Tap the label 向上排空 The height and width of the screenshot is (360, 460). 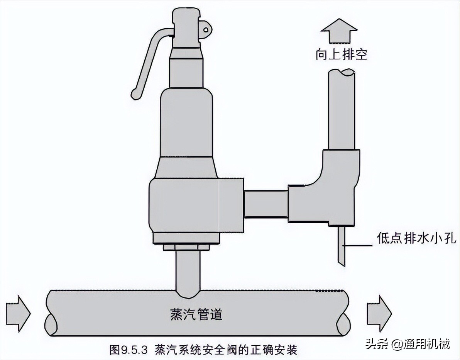pyautogui.click(x=341, y=54)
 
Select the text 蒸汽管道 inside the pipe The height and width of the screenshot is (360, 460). pyautogui.click(x=196, y=314)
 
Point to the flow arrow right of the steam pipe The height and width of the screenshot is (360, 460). pyautogui.click(x=379, y=314)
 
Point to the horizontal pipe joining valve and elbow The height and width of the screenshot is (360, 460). pyautogui.click(x=266, y=204)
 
